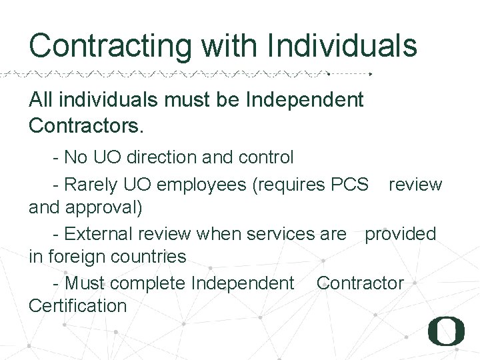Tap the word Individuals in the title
point(341,46)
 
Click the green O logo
point(446,331)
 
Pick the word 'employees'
point(202,185)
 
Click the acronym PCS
point(349,184)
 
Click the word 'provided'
point(400,233)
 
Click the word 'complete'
point(147,283)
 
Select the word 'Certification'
point(77,306)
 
